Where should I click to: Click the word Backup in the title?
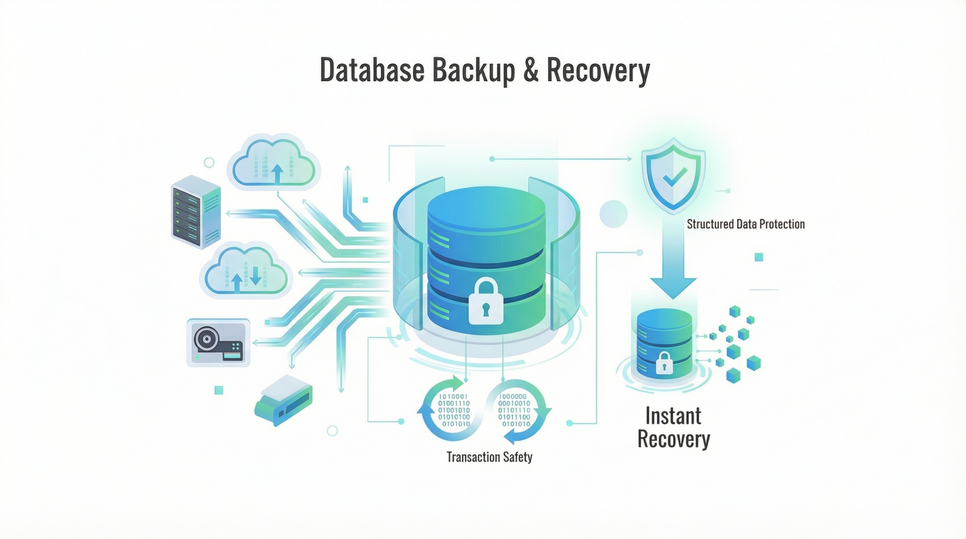[473, 70]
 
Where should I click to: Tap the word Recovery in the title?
[598, 70]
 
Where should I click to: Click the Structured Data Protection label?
[745, 224]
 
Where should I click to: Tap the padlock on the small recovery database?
[664, 362]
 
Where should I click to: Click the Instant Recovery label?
[673, 428]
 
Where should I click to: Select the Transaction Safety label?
[489, 457]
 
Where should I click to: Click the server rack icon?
[196, 211]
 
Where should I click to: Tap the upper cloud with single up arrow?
[274, 161]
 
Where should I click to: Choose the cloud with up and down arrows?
[246, 273]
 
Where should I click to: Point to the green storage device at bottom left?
[283, 400]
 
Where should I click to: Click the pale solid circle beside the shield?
[613, 213]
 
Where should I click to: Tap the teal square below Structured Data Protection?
[759, 257]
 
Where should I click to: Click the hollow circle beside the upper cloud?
[209, 162]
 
